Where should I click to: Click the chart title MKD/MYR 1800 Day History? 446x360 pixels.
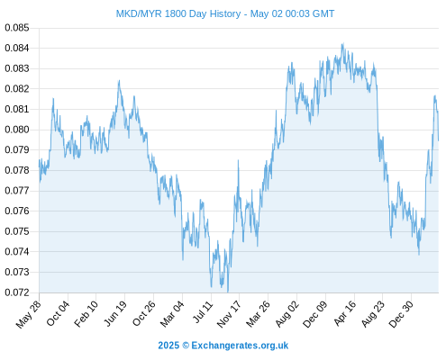pyautogui.click(x=178, y=13)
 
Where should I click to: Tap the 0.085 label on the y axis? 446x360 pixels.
pyautogui.click(x=17, y=28)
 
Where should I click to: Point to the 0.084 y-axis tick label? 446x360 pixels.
pyautogui.click(x=17, y=48)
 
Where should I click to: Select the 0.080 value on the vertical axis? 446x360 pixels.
pyautogui.click(x=17, y=130)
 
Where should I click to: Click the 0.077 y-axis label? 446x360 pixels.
pyautogui.click(x=17, y=191)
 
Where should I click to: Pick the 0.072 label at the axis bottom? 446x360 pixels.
pyautogui.click(x=17, y=292)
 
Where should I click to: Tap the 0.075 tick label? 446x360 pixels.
pyautogui.click(x=17, y=231)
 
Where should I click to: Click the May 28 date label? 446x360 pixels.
pyautogui.click(x=29, y=314)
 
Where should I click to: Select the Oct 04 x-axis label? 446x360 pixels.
pyautogui.click(x=58, y=313)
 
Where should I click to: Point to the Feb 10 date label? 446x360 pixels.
pyautogui.click(x=86, y=313)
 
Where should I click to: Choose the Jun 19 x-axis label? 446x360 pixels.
pyautogui.click(x=115, y=313)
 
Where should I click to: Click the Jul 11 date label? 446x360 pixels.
pyautogui.click(x=203, y=312)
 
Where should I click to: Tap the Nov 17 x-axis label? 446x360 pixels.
pyautogui.click(x=229, y=314)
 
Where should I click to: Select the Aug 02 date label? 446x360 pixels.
pyautogui.click(x=287, y=313)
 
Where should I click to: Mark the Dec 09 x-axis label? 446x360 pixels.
pyautogui.click(x=315, y=314)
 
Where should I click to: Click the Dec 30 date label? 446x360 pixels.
pyautogui.click(x=401, y=314)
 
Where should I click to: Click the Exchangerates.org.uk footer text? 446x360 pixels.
pyautogui.click(x=240, y=346)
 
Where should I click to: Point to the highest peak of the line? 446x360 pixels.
pyautogui.click(x=342, y=44)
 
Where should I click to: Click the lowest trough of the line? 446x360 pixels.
pyautogui.click(x=228, y=292)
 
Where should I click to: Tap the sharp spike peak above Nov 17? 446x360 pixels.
pyautogui.click(x=239, y=160)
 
